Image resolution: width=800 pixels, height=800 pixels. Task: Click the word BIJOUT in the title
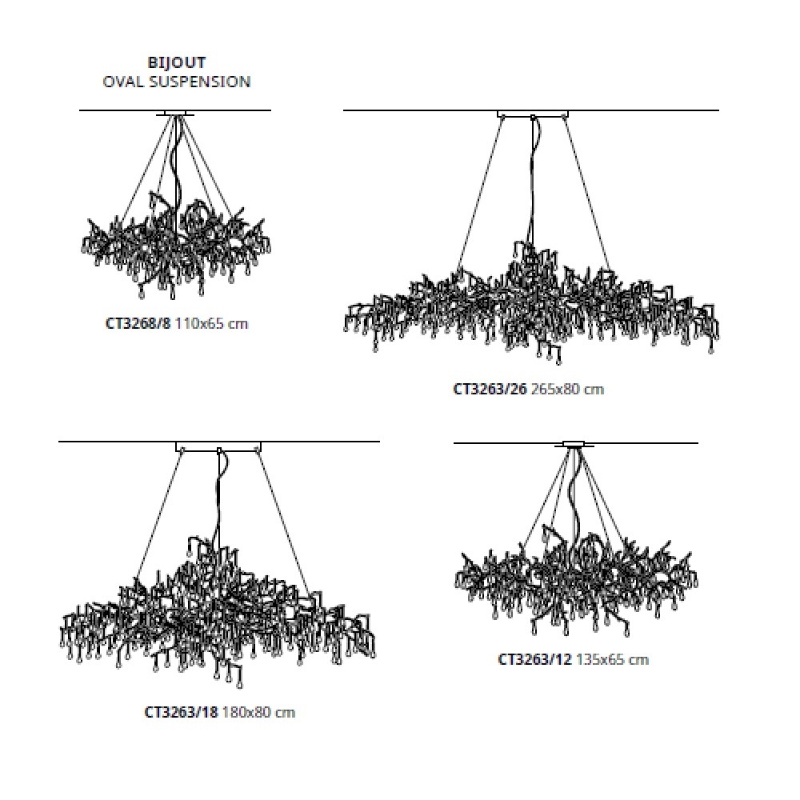click(177, 62)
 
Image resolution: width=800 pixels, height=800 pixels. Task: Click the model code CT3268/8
click(138, 323)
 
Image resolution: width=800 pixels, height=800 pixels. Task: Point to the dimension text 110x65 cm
click(211, 323)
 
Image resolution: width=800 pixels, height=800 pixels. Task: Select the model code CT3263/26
click(490, 390)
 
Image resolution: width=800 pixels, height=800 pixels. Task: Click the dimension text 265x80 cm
click(567, 390)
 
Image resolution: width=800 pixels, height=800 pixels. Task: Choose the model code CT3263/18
click(181, 712)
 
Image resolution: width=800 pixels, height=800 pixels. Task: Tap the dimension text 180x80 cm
click(258, 712)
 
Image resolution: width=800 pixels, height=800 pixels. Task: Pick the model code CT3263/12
click(534, 659)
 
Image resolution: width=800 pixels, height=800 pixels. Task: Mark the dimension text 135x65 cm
click(612, 659)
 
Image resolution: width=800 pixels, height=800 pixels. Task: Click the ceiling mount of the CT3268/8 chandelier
click(175, 114)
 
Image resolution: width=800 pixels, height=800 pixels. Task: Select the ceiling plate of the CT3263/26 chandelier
click(533, 114)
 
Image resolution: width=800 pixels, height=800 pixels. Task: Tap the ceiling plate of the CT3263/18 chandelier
click(218, 446)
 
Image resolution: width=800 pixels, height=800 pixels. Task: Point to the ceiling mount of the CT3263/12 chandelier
click(575, 444)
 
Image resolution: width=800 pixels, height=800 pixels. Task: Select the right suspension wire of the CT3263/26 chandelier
click(586, 194)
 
